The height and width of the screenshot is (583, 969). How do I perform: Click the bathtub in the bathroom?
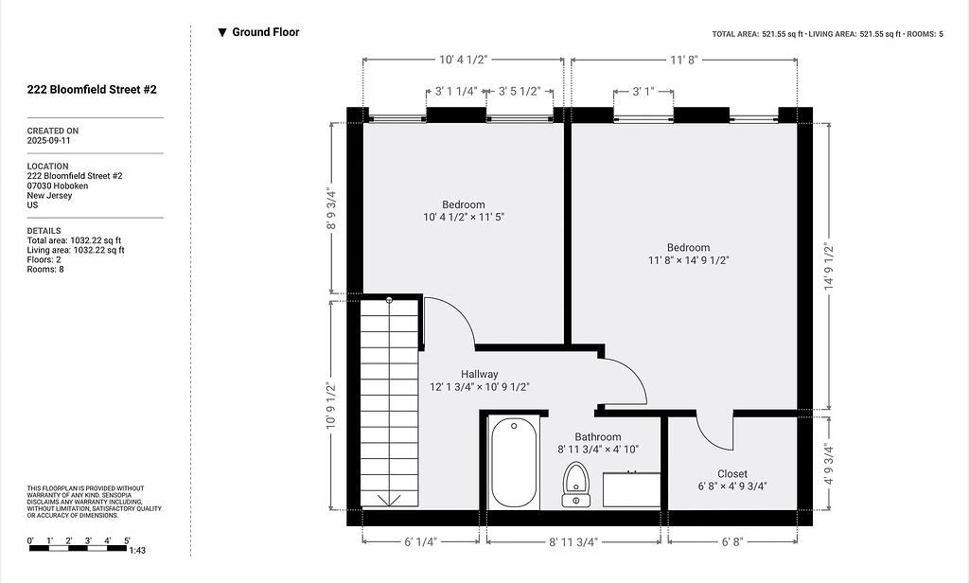(x=514, y=463)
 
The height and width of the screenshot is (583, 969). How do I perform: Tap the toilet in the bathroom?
(x=575, y=485)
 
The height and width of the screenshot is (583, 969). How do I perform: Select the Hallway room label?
(x=479, y=374)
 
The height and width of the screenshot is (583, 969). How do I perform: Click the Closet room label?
(x=732, y=474)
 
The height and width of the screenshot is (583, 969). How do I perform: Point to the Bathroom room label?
(x=598, y=437)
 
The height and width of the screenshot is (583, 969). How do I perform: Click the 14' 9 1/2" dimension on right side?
(x=829, y=267)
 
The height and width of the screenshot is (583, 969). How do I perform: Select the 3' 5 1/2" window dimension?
(x=520, y=92)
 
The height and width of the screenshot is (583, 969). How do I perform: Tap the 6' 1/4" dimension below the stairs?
(x=420, y=541)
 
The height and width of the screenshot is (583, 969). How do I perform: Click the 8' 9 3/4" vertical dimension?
(x=332, y=208)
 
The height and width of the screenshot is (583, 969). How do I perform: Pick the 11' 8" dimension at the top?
(x=683, y=60)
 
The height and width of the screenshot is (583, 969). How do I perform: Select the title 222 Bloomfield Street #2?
(x=92, y=90)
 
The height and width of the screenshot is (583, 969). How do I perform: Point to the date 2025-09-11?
(x=48, y=140)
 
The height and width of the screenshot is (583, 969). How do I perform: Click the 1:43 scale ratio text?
(x=137, y=550)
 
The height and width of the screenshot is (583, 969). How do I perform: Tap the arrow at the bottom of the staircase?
(x=389, y=500)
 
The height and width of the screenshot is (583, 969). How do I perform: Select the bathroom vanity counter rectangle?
(x=631, y=489)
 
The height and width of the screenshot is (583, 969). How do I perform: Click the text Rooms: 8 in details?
(x=45, y=270)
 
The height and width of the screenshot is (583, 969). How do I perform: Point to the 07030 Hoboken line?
(x=58, y=185)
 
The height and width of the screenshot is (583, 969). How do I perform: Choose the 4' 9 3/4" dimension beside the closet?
(x=829, y=464)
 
